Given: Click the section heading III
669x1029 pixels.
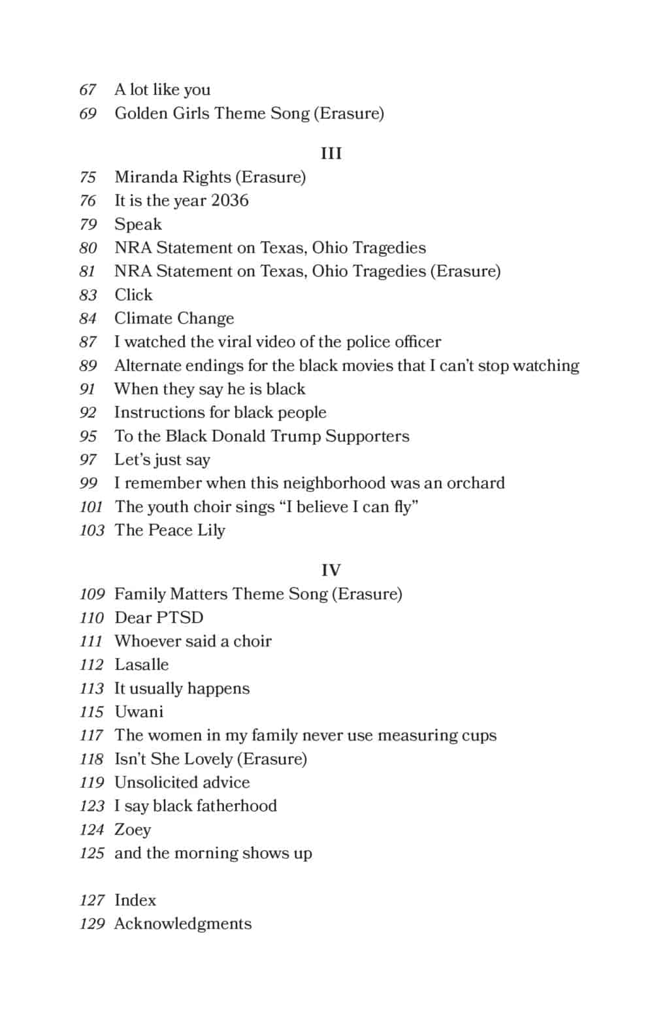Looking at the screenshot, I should point(331,154).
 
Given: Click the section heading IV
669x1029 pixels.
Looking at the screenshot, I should point(331,570).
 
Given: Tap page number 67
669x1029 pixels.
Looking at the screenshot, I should point(88,90).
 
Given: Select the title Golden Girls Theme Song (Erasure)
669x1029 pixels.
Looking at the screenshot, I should point(249,114).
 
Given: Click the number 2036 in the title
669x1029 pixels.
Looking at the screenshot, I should point(229,201).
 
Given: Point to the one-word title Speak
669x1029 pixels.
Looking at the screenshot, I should point(138,224).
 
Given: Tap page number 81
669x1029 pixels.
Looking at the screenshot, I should point(88,271).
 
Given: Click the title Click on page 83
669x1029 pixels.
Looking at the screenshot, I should point(133,295).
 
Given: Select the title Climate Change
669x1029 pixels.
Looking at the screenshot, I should point(174,318).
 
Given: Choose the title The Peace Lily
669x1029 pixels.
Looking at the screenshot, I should point(170,530).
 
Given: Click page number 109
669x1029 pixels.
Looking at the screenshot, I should point(91,594).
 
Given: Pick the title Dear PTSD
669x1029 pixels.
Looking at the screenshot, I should point(159,617).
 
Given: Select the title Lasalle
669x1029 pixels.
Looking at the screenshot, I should point(141,664).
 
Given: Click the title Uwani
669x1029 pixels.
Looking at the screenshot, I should point(139,711).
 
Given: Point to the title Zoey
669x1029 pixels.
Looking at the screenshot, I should point(133,830).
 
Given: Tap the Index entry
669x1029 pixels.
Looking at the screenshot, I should point(135,900).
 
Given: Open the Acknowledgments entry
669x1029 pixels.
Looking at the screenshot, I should point(183,924).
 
